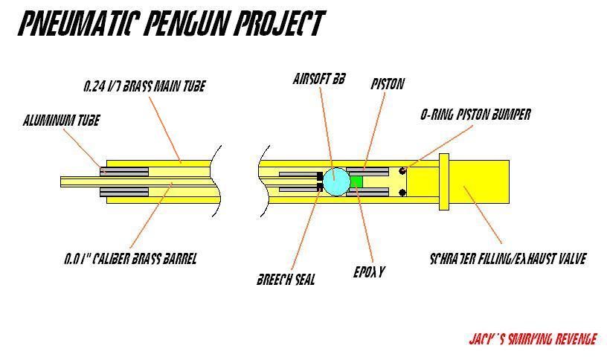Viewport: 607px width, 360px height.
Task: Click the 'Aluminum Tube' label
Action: [x=61, y=120]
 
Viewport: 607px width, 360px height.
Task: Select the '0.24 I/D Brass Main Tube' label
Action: [x=144, y=86]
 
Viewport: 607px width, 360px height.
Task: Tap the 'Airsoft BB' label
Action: [x=314, y=79]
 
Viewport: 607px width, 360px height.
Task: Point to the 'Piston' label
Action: [x=388, y=84]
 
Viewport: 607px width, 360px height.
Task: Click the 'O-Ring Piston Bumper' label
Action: [x=475, y=115]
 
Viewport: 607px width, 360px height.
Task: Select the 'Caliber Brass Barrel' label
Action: [x=130, y=260]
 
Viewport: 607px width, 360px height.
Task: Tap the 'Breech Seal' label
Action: [x=286, y=280]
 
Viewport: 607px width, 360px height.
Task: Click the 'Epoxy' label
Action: [x=369, y=272]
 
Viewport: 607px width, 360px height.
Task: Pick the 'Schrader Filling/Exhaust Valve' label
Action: [x=508, y=260]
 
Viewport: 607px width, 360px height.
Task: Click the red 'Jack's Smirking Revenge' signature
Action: [x=533, y=339]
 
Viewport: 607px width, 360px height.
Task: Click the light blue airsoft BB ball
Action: [x=335, y=181]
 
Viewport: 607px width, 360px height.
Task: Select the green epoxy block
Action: [x=356, y=181]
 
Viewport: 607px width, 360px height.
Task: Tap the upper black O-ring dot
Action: [x=402, y=171]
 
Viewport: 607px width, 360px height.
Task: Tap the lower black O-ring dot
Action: [x=402, y=193]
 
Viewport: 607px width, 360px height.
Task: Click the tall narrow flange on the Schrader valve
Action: [x=444, y=181]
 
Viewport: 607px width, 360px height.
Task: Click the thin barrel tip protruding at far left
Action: [x=78, y=181]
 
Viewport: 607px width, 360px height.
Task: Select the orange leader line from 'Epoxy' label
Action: [x=363, y=227]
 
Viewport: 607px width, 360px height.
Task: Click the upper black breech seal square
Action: [x=321, y=176]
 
